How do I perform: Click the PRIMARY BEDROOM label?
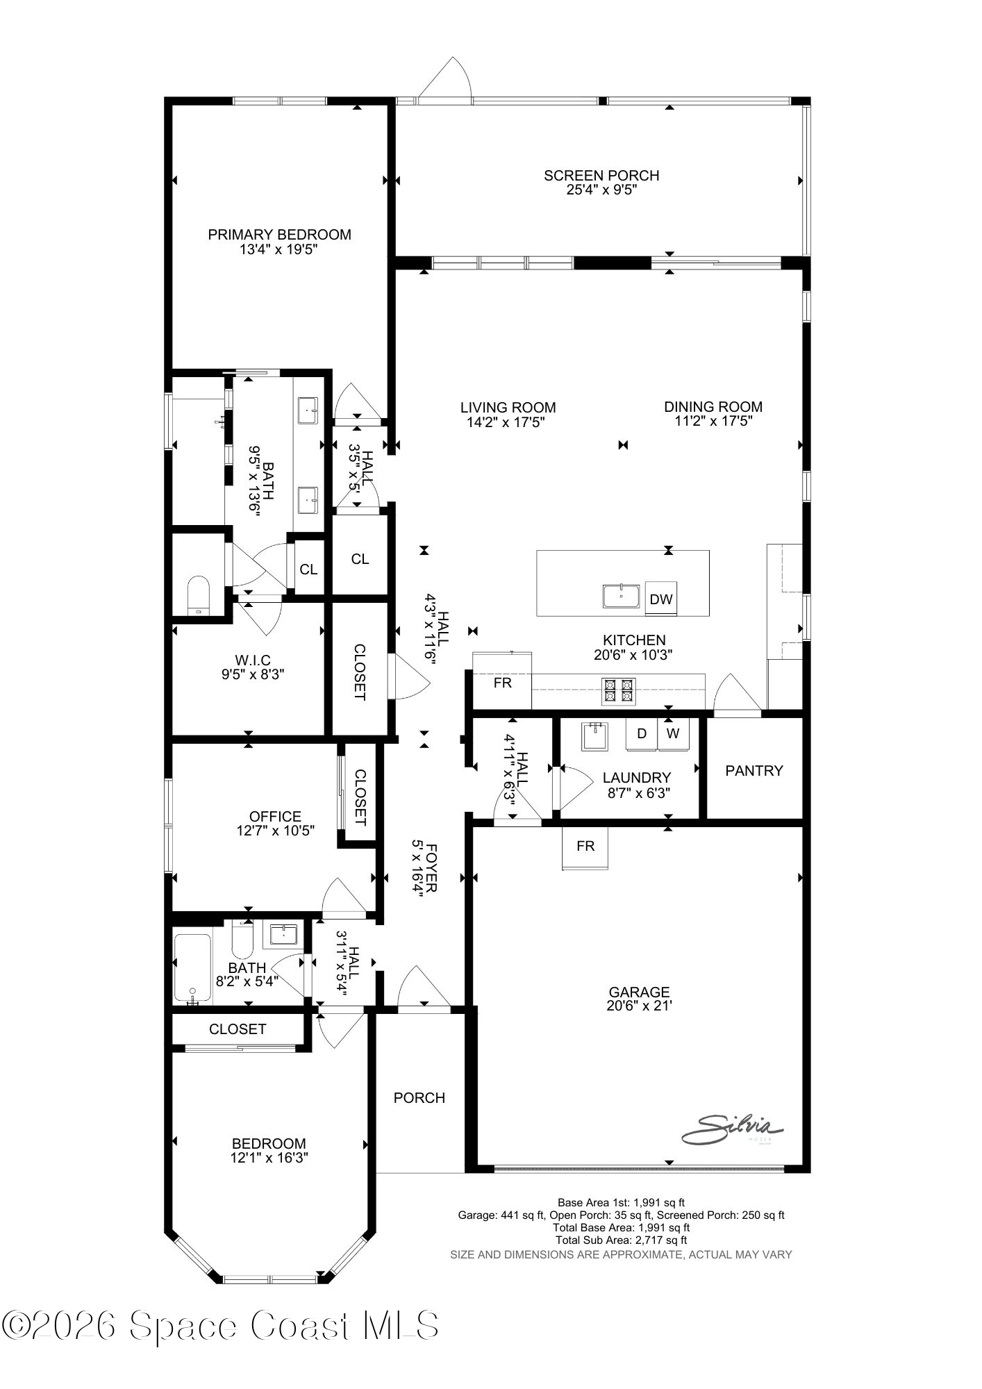(279, 235)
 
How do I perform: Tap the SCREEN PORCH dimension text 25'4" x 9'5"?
(601, 190)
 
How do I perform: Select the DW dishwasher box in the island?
(660, 599)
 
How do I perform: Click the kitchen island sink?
(622, 597)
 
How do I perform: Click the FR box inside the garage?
(585, 847)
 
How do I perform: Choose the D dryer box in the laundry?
(642, 734)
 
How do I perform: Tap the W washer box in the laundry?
(672, 734)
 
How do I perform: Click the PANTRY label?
(754, 770)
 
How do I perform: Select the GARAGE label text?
(639, 992)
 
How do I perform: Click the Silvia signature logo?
(732, 1129)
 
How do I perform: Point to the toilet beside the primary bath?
(199, 594)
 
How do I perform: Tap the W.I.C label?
(252, 660)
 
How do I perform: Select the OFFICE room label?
(275, 817)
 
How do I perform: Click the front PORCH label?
(419, 1097)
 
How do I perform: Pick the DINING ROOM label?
(713, 407)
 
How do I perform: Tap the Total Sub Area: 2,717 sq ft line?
(621, 1240)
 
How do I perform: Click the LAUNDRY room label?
(636, 778)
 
